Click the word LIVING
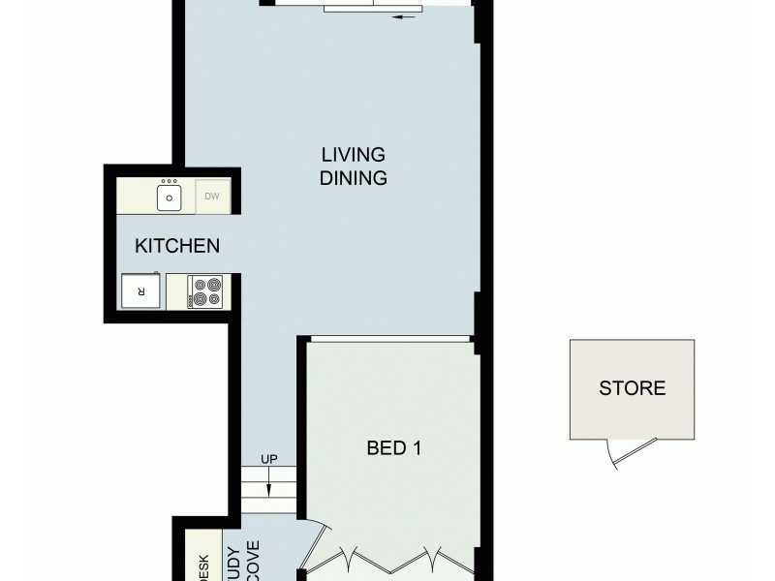(x=354, y=155)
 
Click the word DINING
(x=354, y=178)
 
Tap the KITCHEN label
(x=176, y=246)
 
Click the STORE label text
(x=632, y=389)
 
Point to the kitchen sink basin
(x=170, y=199)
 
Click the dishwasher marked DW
(x=212, y=198)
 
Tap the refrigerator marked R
(x=140, y=290)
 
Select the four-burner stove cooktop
(x=205, y=291)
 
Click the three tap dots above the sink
(x=170, y=181)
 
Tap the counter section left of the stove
(x=174, y=291)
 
